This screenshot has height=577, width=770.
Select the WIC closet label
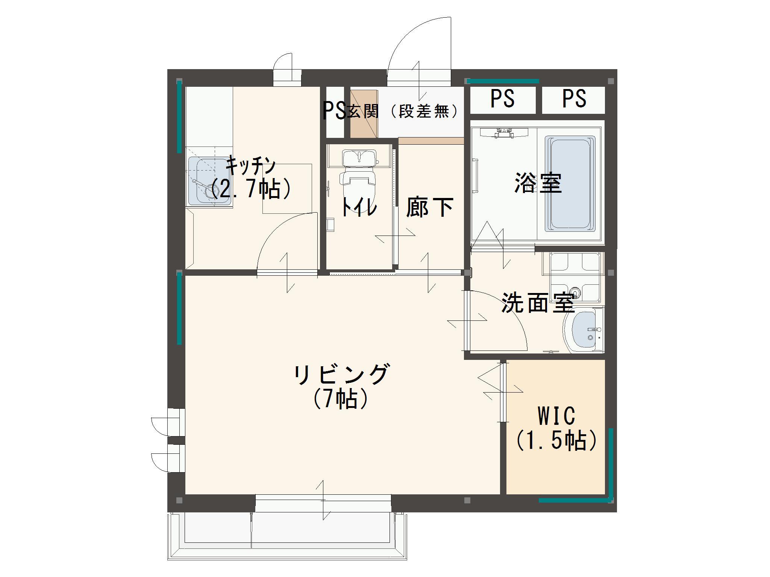556,416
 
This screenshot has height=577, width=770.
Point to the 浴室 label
538,183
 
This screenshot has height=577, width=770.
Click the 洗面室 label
538,302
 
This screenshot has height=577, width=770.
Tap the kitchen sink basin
209,181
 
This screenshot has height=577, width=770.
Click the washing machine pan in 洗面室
574,277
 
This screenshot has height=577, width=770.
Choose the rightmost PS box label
574,99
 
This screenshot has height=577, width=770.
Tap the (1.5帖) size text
556,440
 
